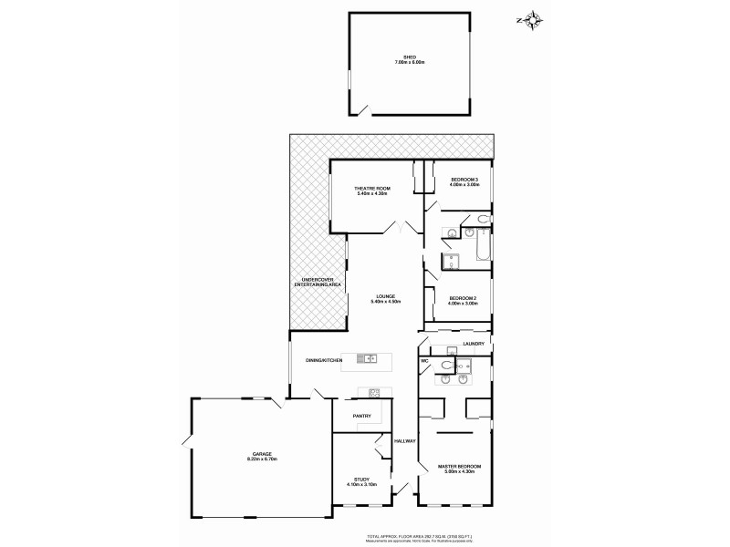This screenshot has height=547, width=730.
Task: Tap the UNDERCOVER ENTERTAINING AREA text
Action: [x=318, y=284]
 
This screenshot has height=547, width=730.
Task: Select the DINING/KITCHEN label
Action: [x=324, y=362]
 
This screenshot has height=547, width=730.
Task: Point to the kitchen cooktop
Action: [x=373, y=394]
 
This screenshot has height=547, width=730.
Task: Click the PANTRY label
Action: [x=362, y=416]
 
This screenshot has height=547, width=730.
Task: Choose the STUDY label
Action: [x=361, y=481]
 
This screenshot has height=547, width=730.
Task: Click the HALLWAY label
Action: [x=405, y=441]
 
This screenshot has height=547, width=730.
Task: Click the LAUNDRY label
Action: [x=473, y=344]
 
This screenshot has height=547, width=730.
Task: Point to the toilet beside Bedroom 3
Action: [x=480, y=219]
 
